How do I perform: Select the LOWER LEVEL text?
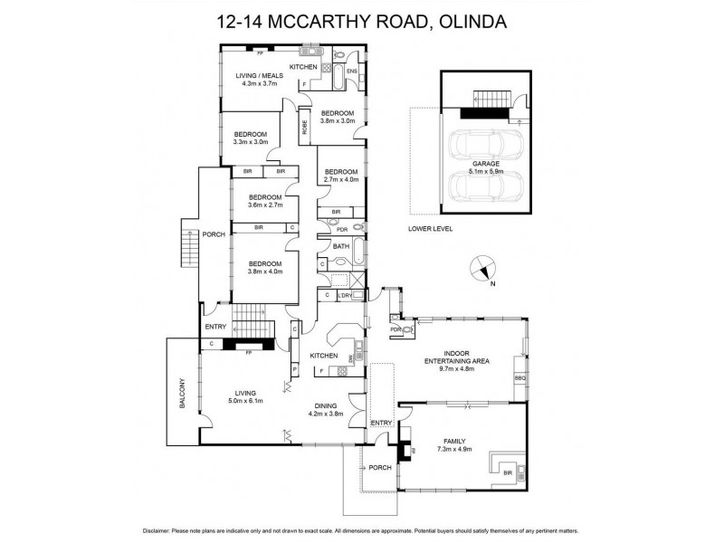point(430,228)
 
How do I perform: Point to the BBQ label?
point(519,377)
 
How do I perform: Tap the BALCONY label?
point(182,393)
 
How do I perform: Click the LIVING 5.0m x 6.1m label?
point(244,396)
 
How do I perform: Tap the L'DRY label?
point(343,295)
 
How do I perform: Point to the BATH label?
point(340,246)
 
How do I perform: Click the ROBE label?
point(304,127)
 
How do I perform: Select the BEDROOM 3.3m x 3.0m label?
point(251,138)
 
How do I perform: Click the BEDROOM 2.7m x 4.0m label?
point(342,176)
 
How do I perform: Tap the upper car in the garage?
point(475,146)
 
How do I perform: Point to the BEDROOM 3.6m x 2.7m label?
point(266,201)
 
